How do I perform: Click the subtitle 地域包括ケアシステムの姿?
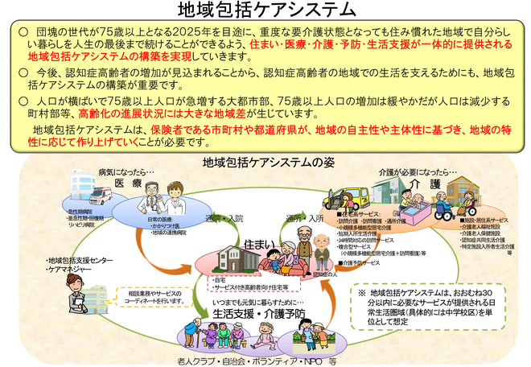[x=265, y=162]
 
